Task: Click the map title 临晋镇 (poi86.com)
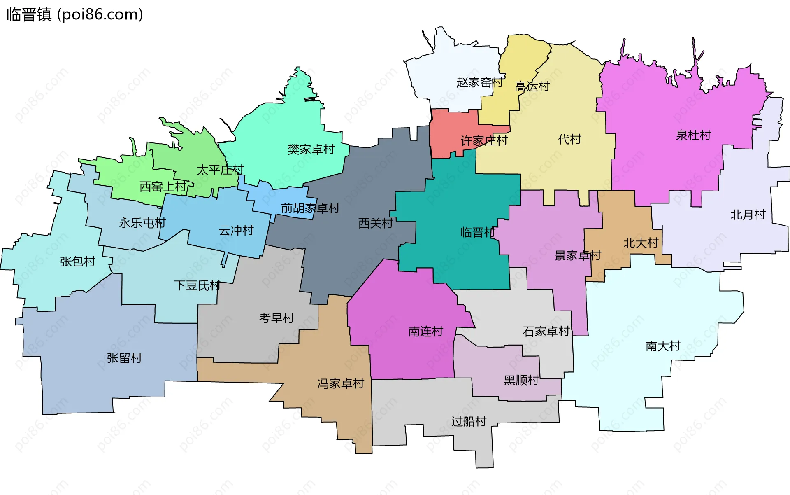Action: (74, 15)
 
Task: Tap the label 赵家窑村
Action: (479, 82)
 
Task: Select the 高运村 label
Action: (532, 86)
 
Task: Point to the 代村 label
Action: (569, 139)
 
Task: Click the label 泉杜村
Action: (693, 135)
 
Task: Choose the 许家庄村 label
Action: (484, 141)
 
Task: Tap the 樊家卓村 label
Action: (311, 149)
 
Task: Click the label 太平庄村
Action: (220, 170)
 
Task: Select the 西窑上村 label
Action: (163, 187)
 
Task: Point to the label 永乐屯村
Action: (142, 223)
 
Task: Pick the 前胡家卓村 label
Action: (310, 208)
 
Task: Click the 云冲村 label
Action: (236, 230)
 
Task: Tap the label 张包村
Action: (78, 261)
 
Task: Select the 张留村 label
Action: (124, 357)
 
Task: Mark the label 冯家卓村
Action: (341, 383)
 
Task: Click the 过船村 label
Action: (469, 421)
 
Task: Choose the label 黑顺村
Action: (521, 380)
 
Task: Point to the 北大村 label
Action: (641, 243)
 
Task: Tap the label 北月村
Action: (748, 215)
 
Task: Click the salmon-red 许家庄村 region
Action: (448, 128)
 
